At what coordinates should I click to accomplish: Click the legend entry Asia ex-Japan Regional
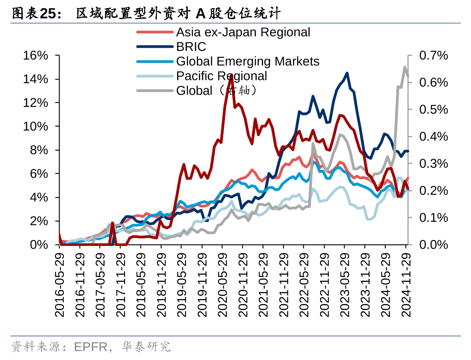pos(243,32)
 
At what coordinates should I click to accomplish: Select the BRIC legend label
pos(191,47)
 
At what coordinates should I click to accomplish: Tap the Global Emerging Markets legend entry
pos(247,61)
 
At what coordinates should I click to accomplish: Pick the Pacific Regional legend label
pos(221,76)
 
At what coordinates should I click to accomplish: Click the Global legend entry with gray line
pos(217,90)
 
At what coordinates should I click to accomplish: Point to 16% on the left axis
pos(35,55)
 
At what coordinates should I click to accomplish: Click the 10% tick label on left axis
pos(35,126)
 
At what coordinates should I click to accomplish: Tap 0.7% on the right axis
pos(433,55)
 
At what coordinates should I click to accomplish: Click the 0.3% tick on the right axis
pos(433,164)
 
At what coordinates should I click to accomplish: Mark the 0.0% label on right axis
pos(433,245)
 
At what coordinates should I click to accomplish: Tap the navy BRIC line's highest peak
pos(347,73)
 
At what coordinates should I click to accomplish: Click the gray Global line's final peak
pos(405,67)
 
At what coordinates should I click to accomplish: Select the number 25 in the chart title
pos(49,14)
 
